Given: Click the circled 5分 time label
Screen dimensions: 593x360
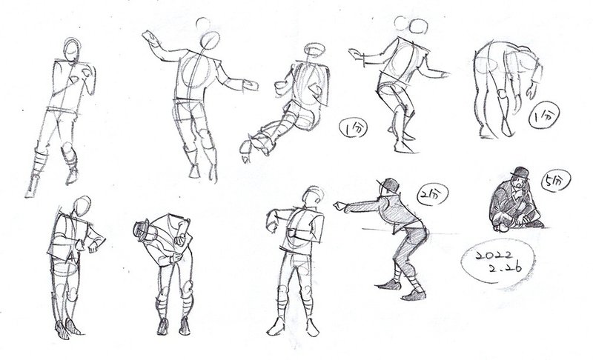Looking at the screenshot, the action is click(556, 181).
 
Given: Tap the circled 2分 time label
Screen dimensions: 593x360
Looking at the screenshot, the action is click(433, 194).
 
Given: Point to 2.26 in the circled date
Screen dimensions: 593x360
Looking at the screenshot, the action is click(505, 268).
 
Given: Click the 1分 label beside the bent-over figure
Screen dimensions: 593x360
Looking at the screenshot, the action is click(544, 115).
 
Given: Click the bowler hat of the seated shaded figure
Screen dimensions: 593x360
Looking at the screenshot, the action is click(520, 173).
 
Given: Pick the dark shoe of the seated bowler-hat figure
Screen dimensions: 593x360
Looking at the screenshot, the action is click(534, 224).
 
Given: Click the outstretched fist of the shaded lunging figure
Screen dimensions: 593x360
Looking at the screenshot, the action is click(339, 206).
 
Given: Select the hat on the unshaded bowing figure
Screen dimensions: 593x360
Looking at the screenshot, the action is click(142, 230).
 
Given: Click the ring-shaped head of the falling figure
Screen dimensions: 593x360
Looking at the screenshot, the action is click(314, 50).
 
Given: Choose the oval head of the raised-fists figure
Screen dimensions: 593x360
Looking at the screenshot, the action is click(72, 49).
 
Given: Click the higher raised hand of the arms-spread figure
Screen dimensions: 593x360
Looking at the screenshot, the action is click(150, 39).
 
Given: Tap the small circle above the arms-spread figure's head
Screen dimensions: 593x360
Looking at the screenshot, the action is click(203, 24).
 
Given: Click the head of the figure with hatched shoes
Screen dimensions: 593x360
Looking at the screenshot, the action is click(82, 206).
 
